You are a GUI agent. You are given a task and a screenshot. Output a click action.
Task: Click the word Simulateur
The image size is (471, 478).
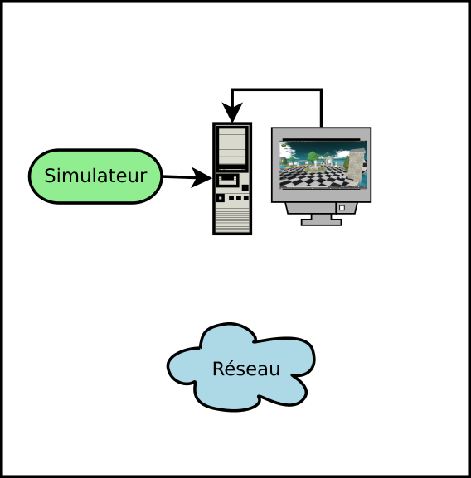pyautogui.click(x=95, y=176)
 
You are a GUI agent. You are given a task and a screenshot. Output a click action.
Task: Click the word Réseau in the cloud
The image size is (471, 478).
pyautogui.click(x=246, y=369)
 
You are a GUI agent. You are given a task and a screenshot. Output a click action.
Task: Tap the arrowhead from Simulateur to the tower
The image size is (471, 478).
pyautogui.click(x=202, y=177)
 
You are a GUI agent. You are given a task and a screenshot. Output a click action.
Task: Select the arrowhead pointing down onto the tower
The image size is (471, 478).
pyautogui.click(x=232, y=112)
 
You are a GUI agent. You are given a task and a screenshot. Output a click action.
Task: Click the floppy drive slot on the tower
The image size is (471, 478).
pyautogui.click(x=228, y=180)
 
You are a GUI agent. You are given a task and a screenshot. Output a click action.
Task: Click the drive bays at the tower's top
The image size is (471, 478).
pyautogui.click(x=232, y=147)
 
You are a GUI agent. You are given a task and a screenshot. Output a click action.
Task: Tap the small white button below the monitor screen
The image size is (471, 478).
pyautogui.click(x=342, y=208)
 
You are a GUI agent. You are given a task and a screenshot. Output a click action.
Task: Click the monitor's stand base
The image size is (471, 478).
pyautogui.click(x=321, y=222)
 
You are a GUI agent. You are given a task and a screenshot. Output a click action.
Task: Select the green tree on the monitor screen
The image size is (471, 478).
pyautogui.click(x=313, y=157)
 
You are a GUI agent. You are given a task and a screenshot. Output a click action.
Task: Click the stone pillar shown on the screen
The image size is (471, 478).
pyautogui.click(x=357, y=167)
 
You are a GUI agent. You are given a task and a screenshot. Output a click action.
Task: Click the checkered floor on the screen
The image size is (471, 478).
pyautogui.click(x=314, y=177)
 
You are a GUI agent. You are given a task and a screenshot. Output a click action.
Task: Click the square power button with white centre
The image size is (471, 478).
pyautogui.click(x=220, y=198)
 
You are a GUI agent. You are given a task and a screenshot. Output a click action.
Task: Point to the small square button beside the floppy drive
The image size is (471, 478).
pyautogui.click(x=245, y=188)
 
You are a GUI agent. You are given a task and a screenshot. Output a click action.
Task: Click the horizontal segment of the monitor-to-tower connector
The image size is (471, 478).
pyautogui.click(x=277, y=90)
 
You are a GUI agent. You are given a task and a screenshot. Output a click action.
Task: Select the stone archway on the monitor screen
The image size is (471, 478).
pyautogui.click(x=329, y=161)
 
